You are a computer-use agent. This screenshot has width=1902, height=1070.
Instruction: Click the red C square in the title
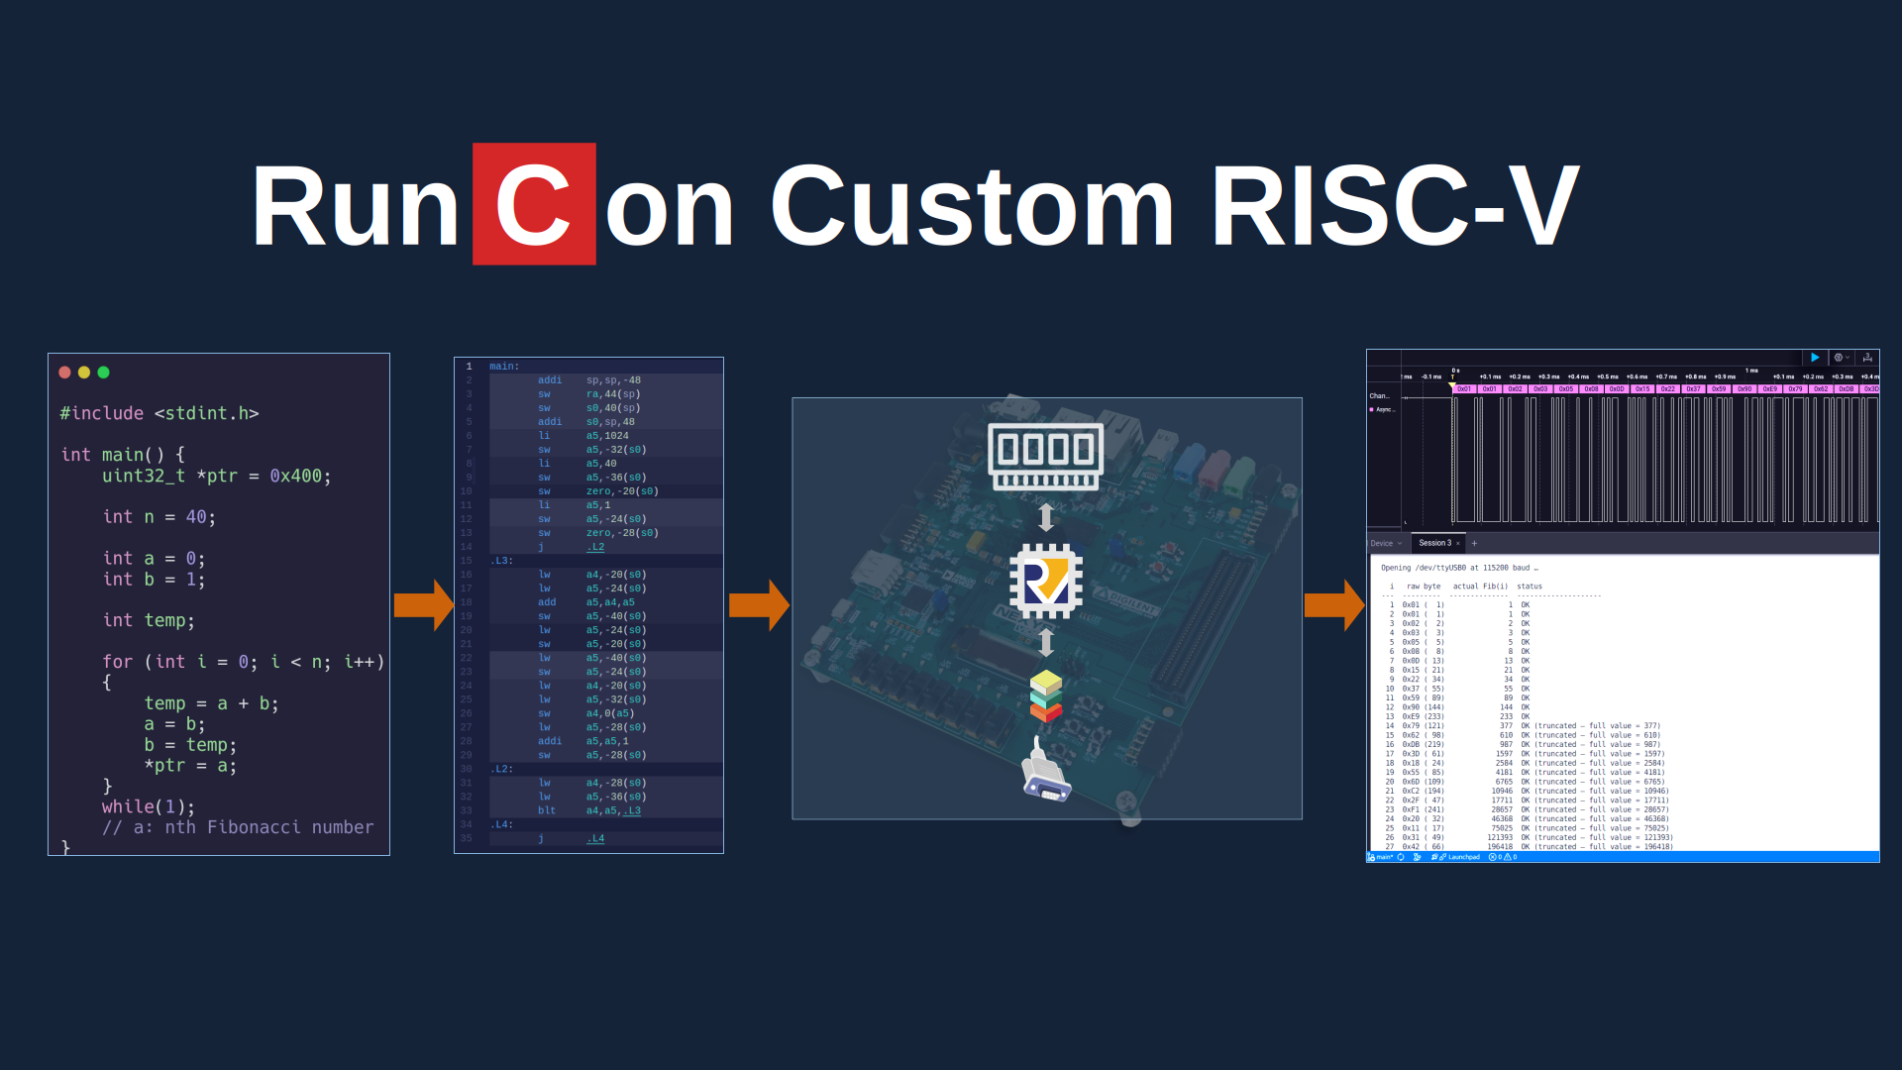click(x=534, y=204)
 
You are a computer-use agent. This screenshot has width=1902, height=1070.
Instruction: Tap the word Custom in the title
click(x=972, y=206)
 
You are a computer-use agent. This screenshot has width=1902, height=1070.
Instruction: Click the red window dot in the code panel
click(x=64, y=373)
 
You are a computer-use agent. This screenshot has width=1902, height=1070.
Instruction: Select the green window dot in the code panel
click(x=104, y=373)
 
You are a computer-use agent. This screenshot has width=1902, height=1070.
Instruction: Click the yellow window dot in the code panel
click(x=84, y=373)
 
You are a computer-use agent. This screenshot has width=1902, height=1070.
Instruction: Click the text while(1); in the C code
click(x=149, y=806)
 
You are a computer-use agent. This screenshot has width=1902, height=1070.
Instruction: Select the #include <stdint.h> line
click(x=158, y=413)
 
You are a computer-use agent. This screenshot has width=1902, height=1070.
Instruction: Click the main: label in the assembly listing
click(x=504, y=367)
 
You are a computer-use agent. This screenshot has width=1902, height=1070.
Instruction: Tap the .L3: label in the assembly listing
click(x=501, y=561)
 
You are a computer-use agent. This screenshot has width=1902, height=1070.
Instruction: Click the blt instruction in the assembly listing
click(x=547, y=810)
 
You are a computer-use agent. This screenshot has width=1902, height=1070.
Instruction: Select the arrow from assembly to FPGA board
click(x=759, y=604)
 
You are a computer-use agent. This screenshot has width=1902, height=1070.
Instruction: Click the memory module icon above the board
click(x=1046, y=456)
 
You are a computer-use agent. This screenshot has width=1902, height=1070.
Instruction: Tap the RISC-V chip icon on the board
click(x=1046, y=581)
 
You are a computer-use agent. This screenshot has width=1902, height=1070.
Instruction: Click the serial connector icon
click(x=1046, y=773)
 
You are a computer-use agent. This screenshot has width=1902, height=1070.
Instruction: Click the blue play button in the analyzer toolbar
click(x=1815, y=358)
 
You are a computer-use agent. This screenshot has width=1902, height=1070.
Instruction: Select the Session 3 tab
click(x=1434, y=543)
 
